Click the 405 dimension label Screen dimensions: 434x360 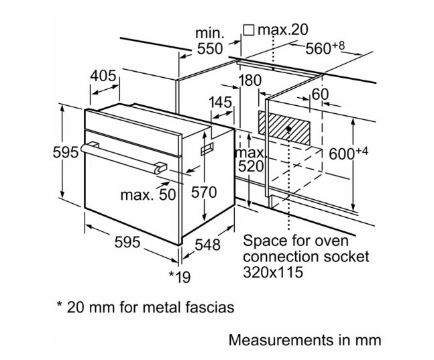coord(103,76)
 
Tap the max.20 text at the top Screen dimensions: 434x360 coord(283,30)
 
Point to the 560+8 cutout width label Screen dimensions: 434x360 coord(325,48)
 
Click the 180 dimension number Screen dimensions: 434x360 coord(250,81)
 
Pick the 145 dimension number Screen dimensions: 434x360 coord(220,102)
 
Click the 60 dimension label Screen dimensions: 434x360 coord(320,94)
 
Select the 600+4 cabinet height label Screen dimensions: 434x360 coord(348,153)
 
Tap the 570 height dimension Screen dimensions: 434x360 coord(204,192)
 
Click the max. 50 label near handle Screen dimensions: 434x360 coord(148,195)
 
